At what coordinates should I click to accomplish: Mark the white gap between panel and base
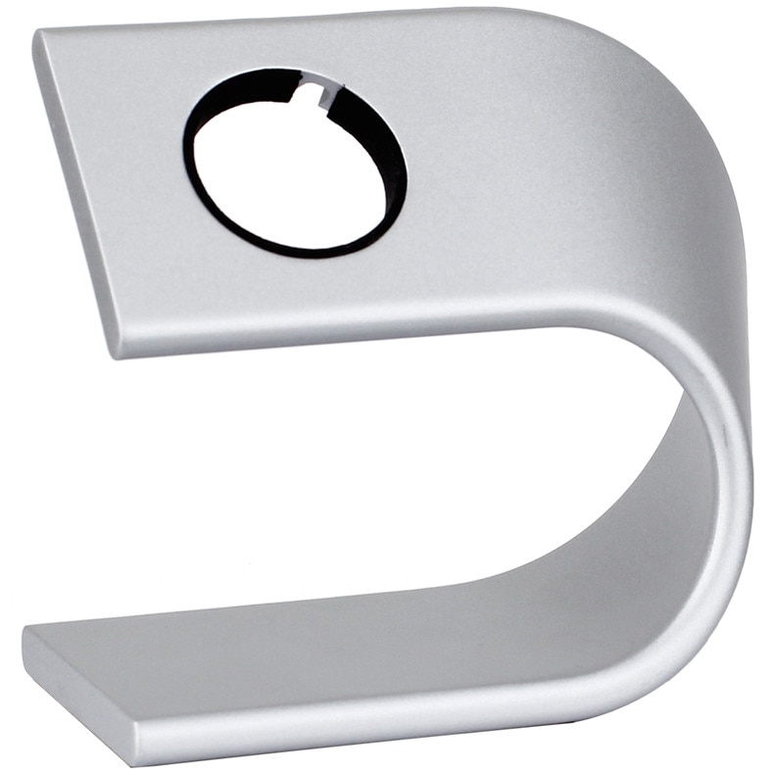343,470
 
